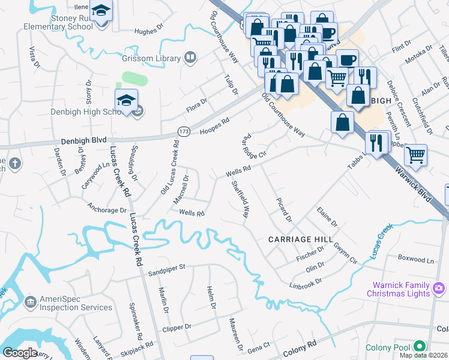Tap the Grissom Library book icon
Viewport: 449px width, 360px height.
[x=190, y=58]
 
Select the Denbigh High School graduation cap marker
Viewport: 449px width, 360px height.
[x=127, y=100]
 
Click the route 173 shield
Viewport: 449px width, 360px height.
[x=184, y=130]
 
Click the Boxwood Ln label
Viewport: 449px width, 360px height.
[x=415, y=260]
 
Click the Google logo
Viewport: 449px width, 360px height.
[x=20, y=353]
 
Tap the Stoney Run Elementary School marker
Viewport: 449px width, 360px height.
[x=100, y=11]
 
